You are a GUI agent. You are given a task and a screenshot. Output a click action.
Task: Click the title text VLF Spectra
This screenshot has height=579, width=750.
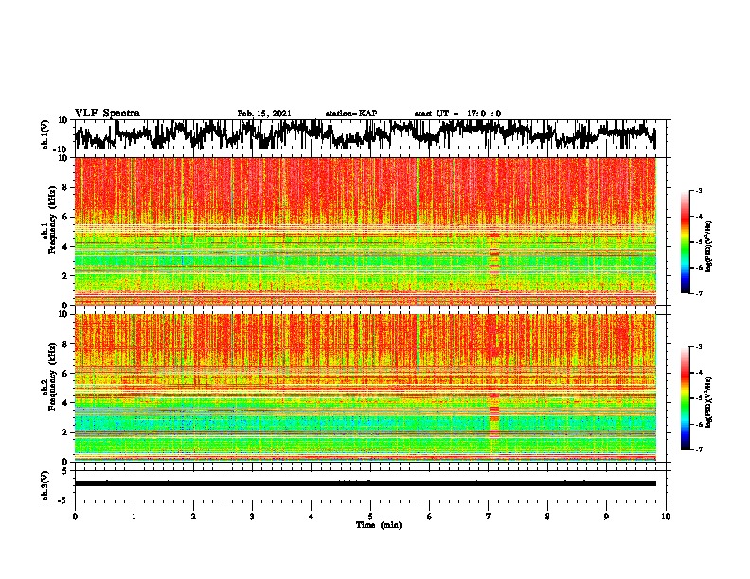pyautogui.click(x=107, y=113)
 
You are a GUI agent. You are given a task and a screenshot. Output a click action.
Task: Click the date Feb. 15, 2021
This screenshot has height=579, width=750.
pyautogui.click(x=264, y=114)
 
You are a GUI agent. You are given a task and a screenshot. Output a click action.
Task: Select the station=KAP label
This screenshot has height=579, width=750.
pyautogui.click(x=350, y=114)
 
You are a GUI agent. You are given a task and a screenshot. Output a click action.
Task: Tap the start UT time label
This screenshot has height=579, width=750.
pyautogui.click(x=457, y=114)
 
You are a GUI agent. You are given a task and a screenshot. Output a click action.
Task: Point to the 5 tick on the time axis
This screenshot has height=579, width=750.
pyautogui.click(x=370, y=516)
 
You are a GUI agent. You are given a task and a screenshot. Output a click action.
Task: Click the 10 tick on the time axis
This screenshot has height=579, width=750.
pyautogui.click(x=666, y=516)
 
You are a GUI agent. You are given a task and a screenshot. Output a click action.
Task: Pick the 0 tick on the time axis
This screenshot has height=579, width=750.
pyautogui.click(x=75, y=516)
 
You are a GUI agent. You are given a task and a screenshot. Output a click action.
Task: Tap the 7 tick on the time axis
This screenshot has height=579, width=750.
pyautogui.click(x=489, y=516)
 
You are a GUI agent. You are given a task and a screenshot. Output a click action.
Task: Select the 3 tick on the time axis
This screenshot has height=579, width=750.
pyautogui.click(x=252, y=516)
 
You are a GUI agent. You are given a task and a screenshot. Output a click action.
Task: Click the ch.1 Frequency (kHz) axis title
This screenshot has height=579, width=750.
pyautogui.click(x=46, y=232)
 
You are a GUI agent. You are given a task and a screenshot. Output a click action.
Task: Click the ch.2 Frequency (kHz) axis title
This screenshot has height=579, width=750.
pyautogui.click(x=46, y=387)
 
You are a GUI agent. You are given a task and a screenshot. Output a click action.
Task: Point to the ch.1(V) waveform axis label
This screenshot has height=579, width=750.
pyautogui.click(x=46, y=135)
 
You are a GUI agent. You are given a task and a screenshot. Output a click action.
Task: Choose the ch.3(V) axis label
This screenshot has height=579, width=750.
pyautogui.click(x=46, y=483)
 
